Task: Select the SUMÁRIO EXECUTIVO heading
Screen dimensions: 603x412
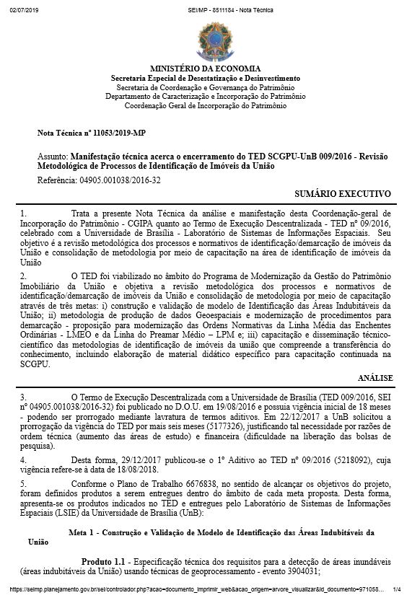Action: click(343, 194)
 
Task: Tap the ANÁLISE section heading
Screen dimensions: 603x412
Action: click(374, 377)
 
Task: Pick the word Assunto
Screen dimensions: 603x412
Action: click(52, 156)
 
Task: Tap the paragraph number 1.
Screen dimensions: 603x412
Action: click(24, 214)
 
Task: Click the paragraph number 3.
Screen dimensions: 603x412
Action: click(24, 397)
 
